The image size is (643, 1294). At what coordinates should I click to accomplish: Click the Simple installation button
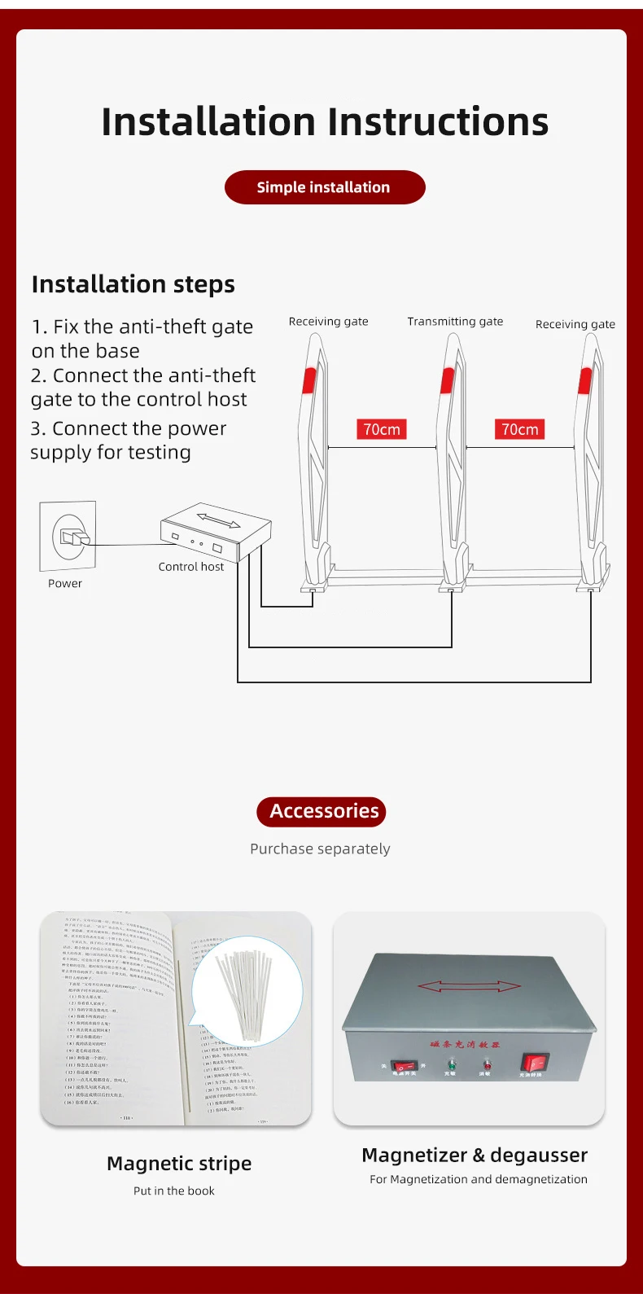point(324,187)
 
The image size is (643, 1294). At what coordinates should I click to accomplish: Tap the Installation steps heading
point(133,284)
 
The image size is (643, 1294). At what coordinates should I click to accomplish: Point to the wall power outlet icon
point(68,536)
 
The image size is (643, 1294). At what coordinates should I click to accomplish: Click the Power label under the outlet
point(65,584)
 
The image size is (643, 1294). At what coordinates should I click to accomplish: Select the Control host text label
point(190,567)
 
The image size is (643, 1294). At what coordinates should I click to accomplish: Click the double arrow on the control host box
point(218,520)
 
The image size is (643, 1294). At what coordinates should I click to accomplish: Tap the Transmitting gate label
point(455,322)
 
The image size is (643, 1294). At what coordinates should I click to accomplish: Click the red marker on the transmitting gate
point(447,380)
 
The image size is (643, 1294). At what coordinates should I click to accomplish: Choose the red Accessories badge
point(321,811)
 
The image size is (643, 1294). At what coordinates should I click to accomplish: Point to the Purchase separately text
point(320,849)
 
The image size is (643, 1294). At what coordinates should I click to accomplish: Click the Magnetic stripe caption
point(179,1164)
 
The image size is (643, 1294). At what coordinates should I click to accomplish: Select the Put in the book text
point(174,1191)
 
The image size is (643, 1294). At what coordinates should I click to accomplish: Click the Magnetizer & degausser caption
point(475,1156)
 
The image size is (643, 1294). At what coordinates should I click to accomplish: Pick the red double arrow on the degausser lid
point(469,986)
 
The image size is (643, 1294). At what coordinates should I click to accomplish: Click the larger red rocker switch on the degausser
point(534,1062)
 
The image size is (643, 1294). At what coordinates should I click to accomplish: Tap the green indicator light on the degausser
point(450,1064)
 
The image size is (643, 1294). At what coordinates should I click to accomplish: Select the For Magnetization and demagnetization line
point(479,1179)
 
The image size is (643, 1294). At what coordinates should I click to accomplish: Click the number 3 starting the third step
point(37,429)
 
